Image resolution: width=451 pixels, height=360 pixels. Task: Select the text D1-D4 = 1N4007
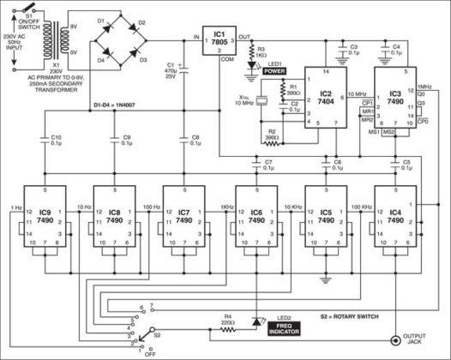pos(119,108)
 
